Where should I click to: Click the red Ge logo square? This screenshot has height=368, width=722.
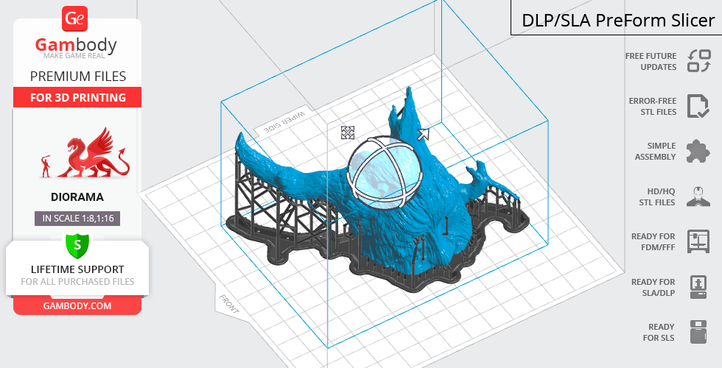pos(74,19)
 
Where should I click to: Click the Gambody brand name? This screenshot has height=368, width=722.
pos(76,45)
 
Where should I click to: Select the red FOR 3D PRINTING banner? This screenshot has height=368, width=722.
pos(77,97)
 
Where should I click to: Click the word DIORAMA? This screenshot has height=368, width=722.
pos(77,197)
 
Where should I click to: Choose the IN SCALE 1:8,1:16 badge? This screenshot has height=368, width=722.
pos(77,218)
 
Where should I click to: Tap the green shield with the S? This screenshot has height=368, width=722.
pos(77,245)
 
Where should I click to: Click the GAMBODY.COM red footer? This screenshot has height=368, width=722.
pos(77,306)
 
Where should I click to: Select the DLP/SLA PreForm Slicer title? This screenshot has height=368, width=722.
pos(618,21)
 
